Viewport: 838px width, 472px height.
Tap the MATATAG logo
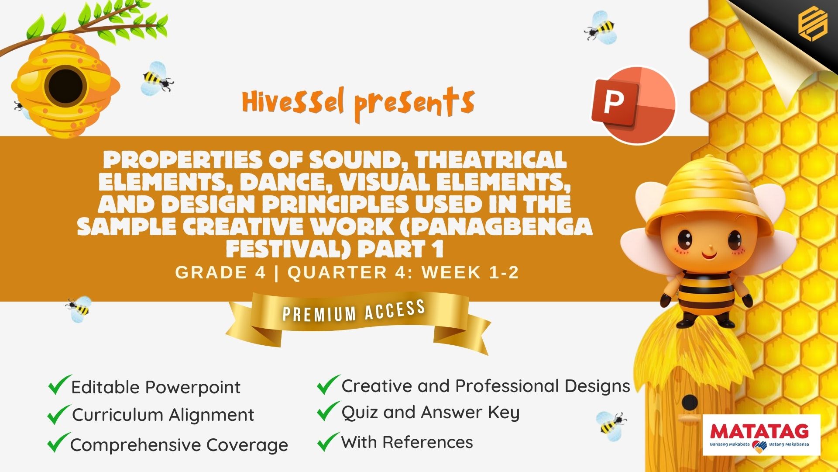(x=761, y=435)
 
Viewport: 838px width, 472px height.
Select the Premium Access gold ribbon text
(x=354, y=311)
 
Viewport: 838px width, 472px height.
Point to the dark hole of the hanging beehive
(x=65, y=86)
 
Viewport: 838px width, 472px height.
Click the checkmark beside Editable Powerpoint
(x=59, y=385)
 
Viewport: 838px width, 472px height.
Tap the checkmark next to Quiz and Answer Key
(x=329, y=411)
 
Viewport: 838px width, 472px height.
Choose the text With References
(x=407, y=442)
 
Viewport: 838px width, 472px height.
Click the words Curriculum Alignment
(x=163, y=415)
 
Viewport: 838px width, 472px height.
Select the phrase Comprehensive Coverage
(x=179, y=445)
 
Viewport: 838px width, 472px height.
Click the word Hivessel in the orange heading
(x=293, y=101)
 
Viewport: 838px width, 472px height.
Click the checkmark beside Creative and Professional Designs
(x=329, y=385)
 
